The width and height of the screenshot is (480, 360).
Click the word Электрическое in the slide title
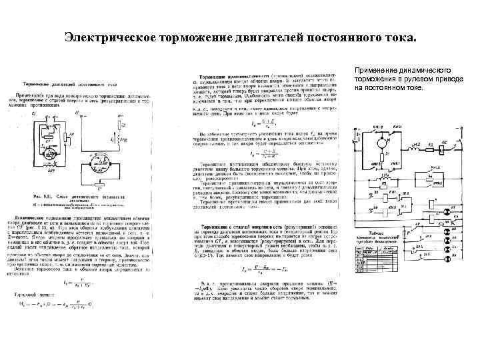pyautogui.click(x=110, y=38)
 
